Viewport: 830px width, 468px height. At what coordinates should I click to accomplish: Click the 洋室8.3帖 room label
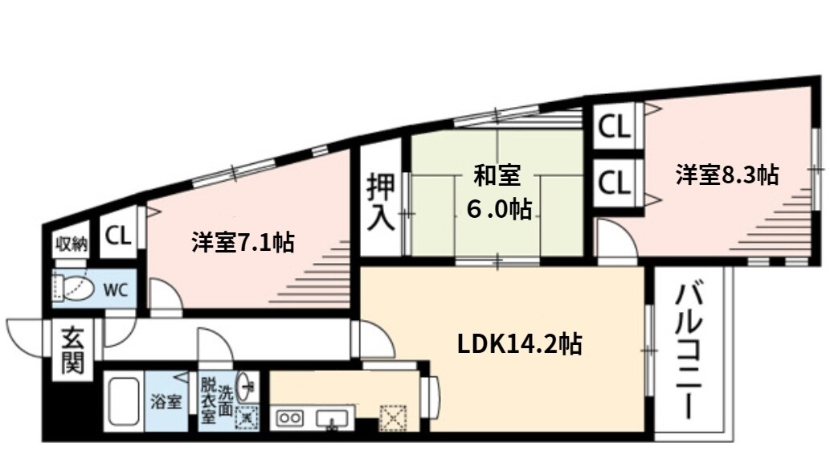click(726, 175)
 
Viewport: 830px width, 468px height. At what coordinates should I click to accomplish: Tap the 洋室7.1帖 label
click(242, 241)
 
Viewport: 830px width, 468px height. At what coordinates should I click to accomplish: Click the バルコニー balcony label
click(689, 350)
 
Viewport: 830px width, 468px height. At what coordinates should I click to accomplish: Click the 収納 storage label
click(70, 244)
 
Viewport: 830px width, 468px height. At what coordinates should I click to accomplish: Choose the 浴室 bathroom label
click(166, 402)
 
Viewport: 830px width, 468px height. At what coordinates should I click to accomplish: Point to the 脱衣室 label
click(208, 400)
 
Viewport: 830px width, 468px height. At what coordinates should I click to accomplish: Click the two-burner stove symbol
click(289, 418)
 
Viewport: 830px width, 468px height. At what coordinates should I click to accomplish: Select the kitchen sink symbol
click(332, 418)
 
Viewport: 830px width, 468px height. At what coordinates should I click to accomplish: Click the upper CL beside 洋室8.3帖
click(615, 127)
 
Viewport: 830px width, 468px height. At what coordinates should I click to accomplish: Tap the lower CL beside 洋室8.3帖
click(615, 183)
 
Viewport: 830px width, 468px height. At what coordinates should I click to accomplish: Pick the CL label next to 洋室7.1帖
click(118, 236)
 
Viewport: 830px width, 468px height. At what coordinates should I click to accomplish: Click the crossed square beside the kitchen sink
click(393, 417)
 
